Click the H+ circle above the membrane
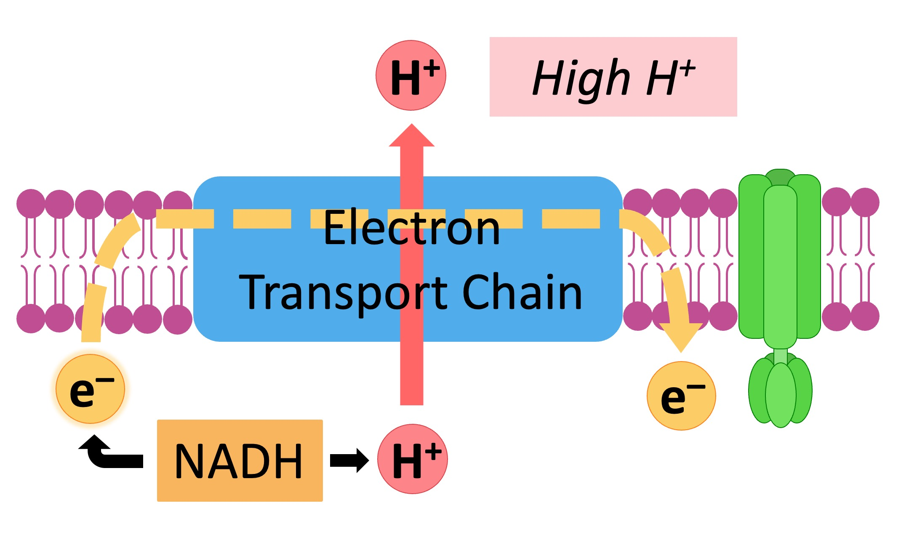(411, 75)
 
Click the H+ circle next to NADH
(412, 459)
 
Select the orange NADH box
(240, 460)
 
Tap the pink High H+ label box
(613, 77)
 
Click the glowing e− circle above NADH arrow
(91, 389)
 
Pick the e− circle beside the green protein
(681, 396)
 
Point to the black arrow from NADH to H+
(349, 460)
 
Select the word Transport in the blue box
(343, 292)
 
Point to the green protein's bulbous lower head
(780, 391)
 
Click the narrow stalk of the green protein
(780, 356)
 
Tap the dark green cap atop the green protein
(780, 177)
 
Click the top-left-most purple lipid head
(30, 204)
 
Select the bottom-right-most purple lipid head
(865, 317)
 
